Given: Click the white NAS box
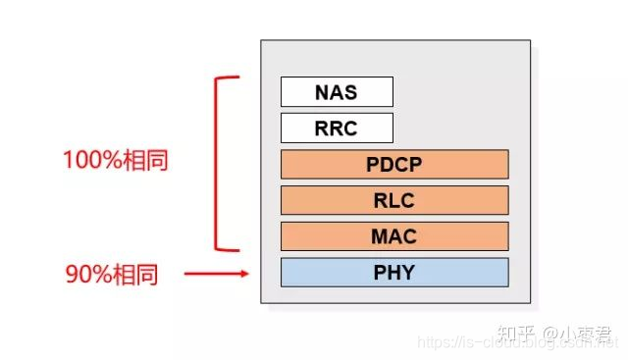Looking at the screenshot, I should click(337, 92).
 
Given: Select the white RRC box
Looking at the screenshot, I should click(337, 129).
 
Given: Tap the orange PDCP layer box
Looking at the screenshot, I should click(394, 165).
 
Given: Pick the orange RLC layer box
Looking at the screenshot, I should click(394, 200).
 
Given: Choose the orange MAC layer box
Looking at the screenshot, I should click(394, 236).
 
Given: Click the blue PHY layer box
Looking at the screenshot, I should click(394, 273).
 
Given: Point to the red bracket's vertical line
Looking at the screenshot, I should click(216, 162).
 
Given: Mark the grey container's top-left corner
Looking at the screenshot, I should click(261, 41).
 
